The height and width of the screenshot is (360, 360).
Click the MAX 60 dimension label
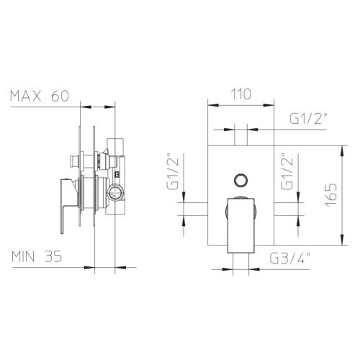tap(40, 96)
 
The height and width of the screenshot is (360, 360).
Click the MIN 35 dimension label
tap(37, 256)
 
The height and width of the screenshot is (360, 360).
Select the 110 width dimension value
tap(241, 94)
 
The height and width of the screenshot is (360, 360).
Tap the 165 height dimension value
tap(331, 195)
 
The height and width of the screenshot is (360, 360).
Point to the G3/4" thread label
tap(290, 258)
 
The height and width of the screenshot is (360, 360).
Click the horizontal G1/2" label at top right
tap(309, 118)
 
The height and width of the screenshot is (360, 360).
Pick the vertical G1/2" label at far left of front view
tap(173, 171)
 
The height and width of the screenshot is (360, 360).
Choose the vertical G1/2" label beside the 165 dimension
tap(287, 171)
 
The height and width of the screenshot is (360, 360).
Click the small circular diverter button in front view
tap(240, 179)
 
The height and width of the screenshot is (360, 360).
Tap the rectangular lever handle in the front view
tap(240, 225)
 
